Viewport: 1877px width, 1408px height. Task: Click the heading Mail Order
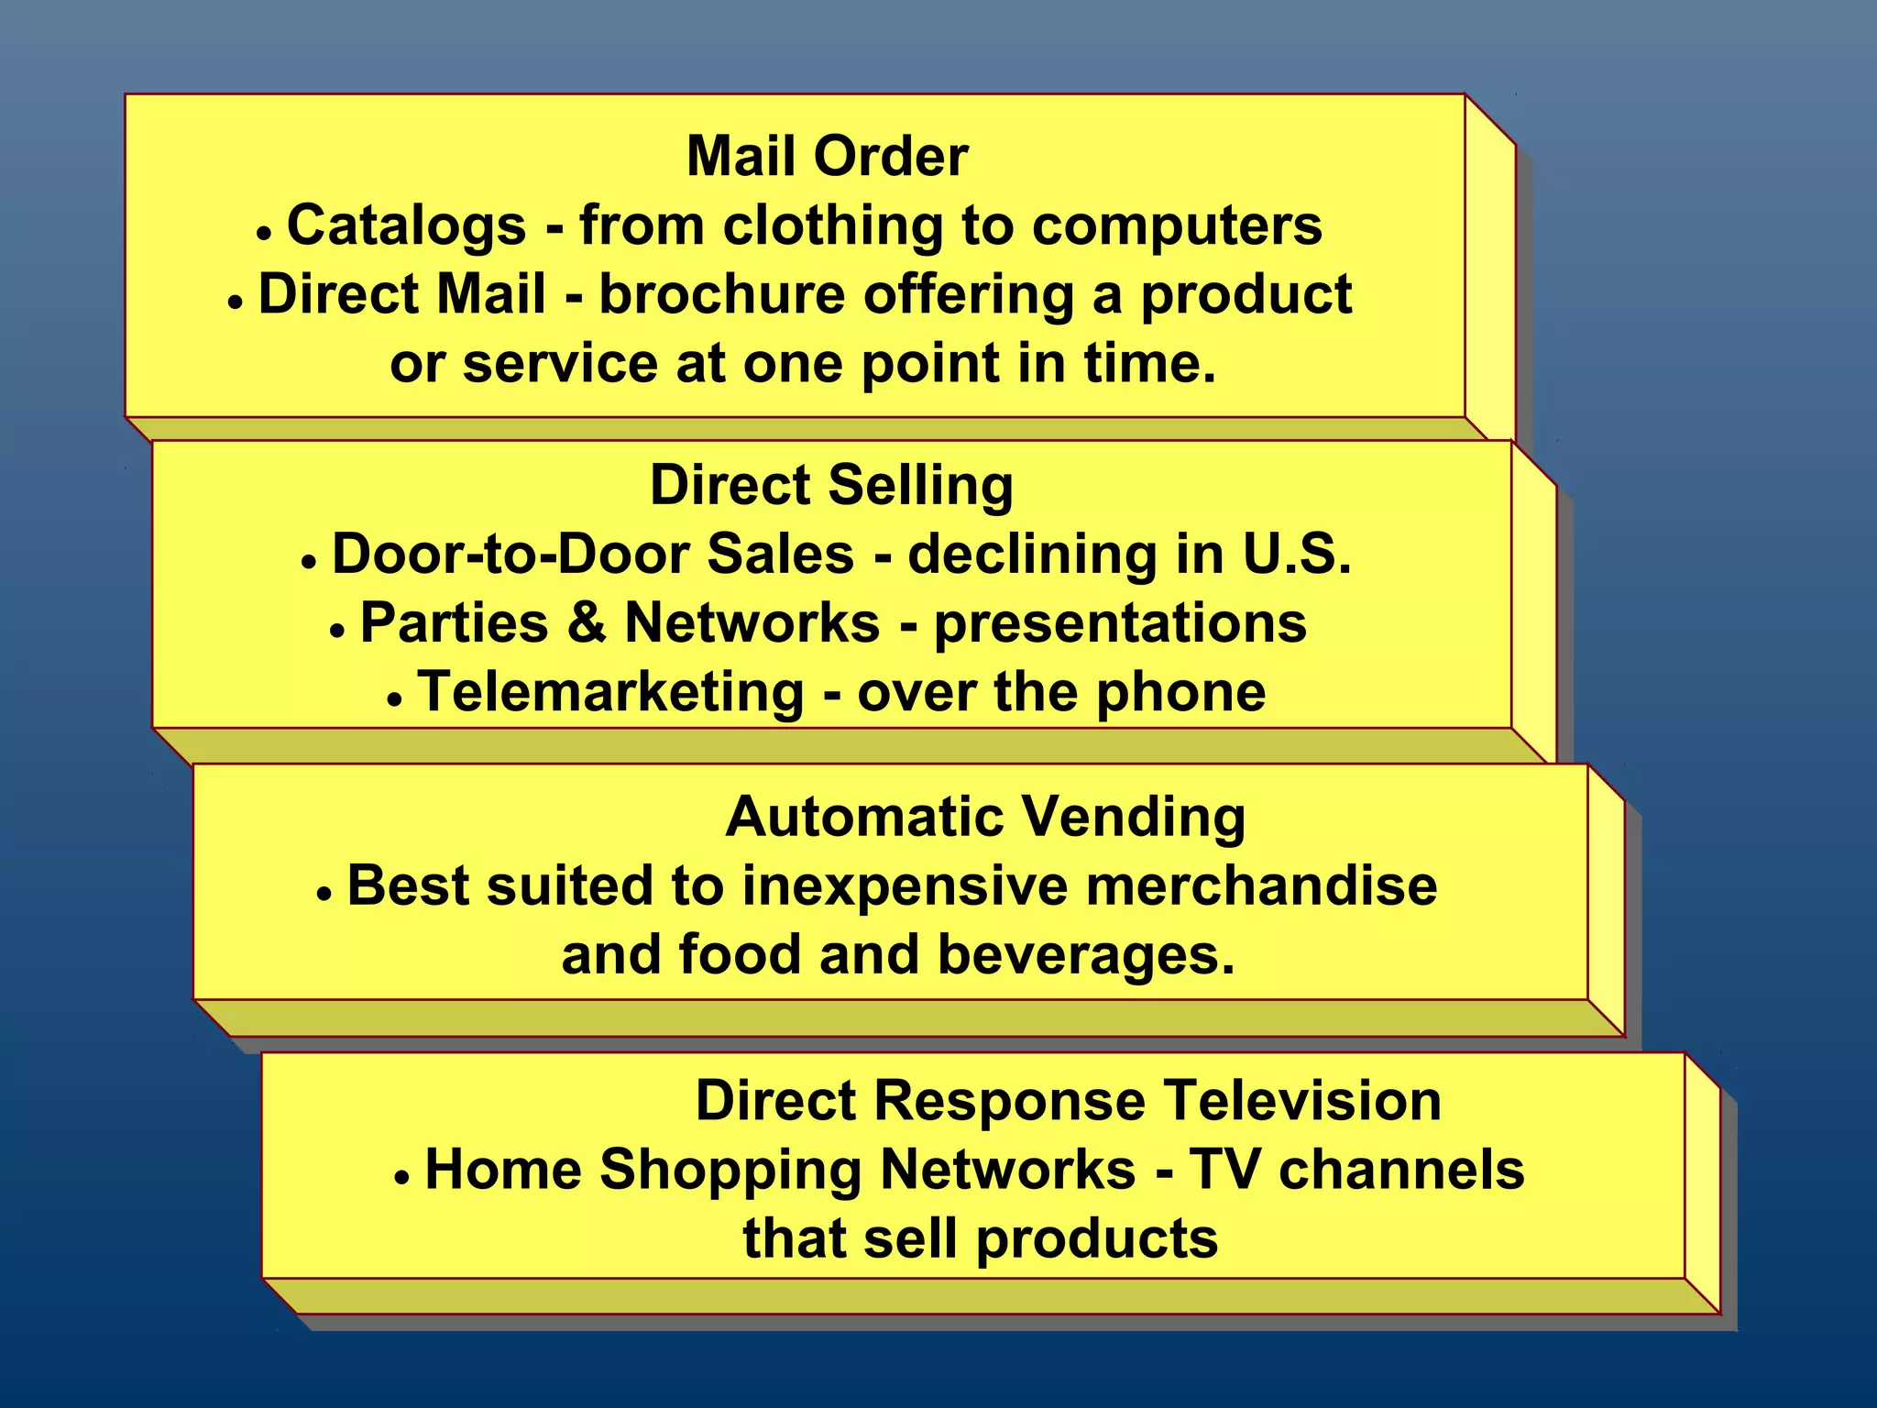[827, 156]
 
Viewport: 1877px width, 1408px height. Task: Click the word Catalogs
[406, 225]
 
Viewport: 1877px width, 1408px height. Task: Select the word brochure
[722, 294]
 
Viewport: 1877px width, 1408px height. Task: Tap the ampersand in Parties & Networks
[587, 623]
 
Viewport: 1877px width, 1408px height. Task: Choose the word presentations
[1119, 624]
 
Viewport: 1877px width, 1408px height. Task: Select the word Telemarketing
[610, 692]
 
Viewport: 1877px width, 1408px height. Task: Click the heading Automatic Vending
[985, 816]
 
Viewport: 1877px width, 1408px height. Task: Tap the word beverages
[1086, 955]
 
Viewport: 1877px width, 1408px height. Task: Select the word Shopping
[730, 1171]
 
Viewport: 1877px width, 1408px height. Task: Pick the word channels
[1401, 1170]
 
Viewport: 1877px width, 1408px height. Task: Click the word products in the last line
[1096, 1239]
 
